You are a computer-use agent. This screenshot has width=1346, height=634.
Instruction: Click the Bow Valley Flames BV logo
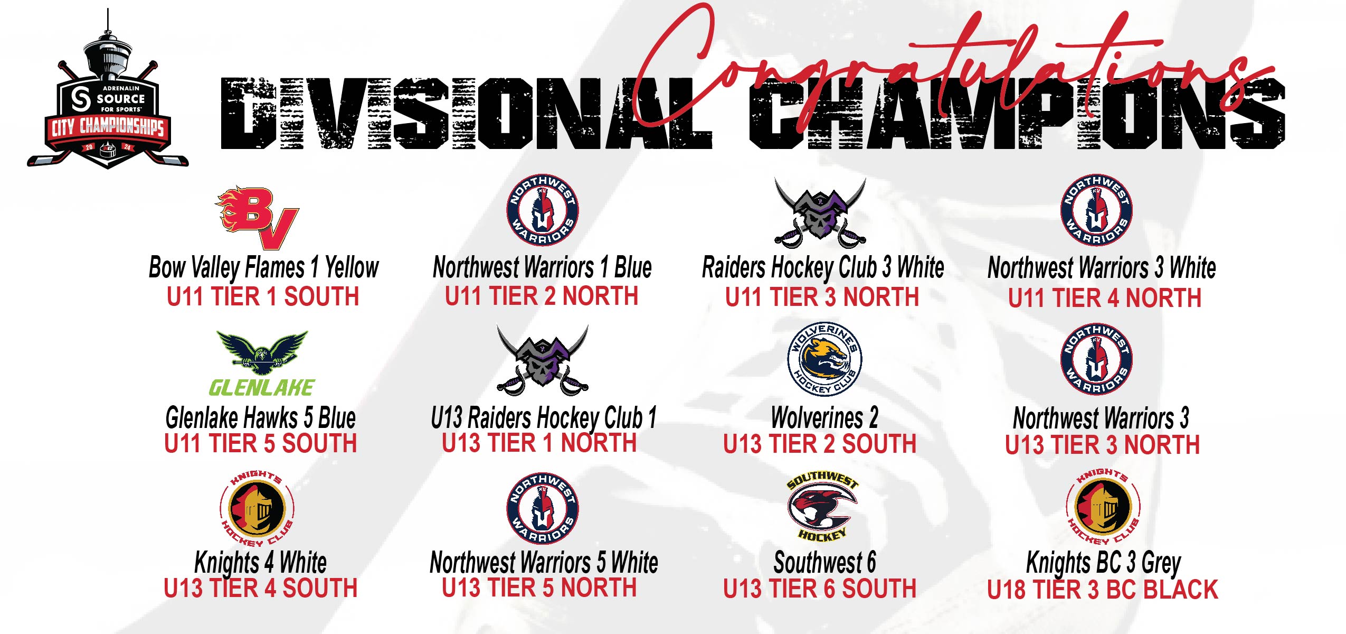(257, 217)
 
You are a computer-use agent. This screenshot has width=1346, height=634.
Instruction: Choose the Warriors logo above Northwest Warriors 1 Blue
(543, 209)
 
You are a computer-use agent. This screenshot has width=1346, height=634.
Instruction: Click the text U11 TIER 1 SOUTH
(263, 296)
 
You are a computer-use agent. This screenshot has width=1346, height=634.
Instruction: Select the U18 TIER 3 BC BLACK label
(1103, 590)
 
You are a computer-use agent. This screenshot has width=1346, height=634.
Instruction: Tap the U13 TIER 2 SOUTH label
(820, 444)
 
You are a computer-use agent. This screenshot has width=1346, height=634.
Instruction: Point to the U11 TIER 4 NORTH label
(1105, 298)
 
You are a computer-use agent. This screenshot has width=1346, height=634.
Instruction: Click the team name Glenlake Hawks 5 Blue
(261, 418)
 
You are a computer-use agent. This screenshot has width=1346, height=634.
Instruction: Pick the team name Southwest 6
(824, 562)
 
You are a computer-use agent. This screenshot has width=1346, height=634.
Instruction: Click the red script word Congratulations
(950, 69)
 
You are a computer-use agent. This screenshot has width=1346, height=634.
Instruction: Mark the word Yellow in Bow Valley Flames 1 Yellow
(352, 267)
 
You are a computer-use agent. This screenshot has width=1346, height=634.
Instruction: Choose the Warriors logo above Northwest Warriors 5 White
(543, 508)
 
